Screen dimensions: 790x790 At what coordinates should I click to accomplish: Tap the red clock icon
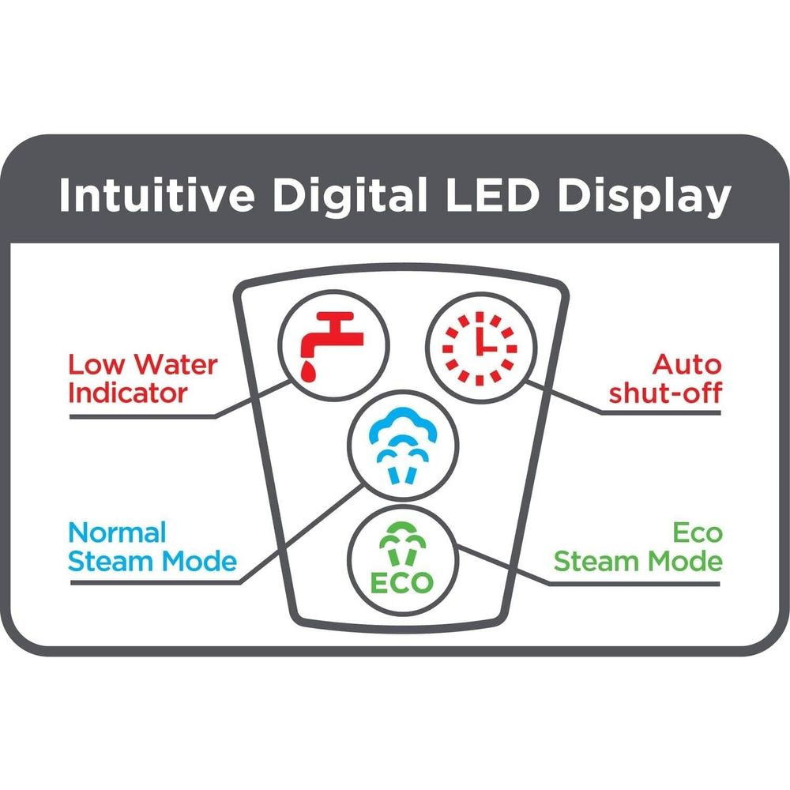[x=480, y=348]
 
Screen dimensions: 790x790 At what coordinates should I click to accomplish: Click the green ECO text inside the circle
[x=401, y=583]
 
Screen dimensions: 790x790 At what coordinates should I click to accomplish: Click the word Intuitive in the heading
[x=156, y=195]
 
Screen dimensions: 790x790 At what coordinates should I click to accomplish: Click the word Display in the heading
[x=645, y=197]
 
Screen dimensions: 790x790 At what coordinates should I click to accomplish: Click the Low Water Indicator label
[x=142, y=379]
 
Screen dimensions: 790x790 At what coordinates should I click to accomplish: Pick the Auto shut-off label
[x=665, y=379]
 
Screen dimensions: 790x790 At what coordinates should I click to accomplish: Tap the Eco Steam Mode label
[x=638, y=547]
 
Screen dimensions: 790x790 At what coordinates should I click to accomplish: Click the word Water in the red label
[x=176, y=364]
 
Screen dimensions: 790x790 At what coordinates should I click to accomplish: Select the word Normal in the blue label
[x=117, y=532]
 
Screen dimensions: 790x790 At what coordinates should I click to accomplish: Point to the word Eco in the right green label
[x=698, y=532]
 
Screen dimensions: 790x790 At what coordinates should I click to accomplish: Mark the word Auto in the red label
[x=687, y=364]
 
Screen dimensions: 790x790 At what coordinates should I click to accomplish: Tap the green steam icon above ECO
[x=402, y=544]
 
